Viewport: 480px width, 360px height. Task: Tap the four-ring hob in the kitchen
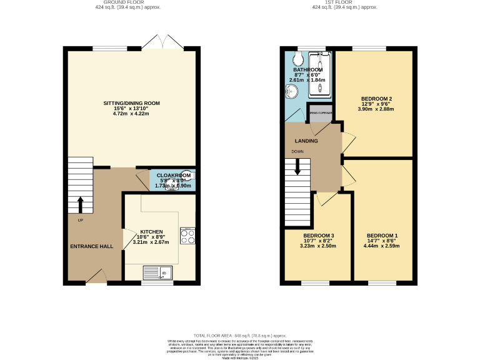tap(187, 236)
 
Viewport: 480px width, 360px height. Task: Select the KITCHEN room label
tap(151, 231)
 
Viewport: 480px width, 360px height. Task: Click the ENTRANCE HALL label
tap(91, 247)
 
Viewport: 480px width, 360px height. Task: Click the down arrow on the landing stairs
tap(297, 166)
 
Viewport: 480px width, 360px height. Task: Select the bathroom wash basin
tap(291, 92)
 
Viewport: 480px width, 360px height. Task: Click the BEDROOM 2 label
tap(376, 99)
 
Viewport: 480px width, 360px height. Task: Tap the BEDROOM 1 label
tap(384, 236)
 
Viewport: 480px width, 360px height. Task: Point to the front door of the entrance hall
tap(96, 276)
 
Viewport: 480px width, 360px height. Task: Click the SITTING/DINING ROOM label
tap(132, 103)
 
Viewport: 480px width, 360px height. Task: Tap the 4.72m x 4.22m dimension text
tap(132, 114)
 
